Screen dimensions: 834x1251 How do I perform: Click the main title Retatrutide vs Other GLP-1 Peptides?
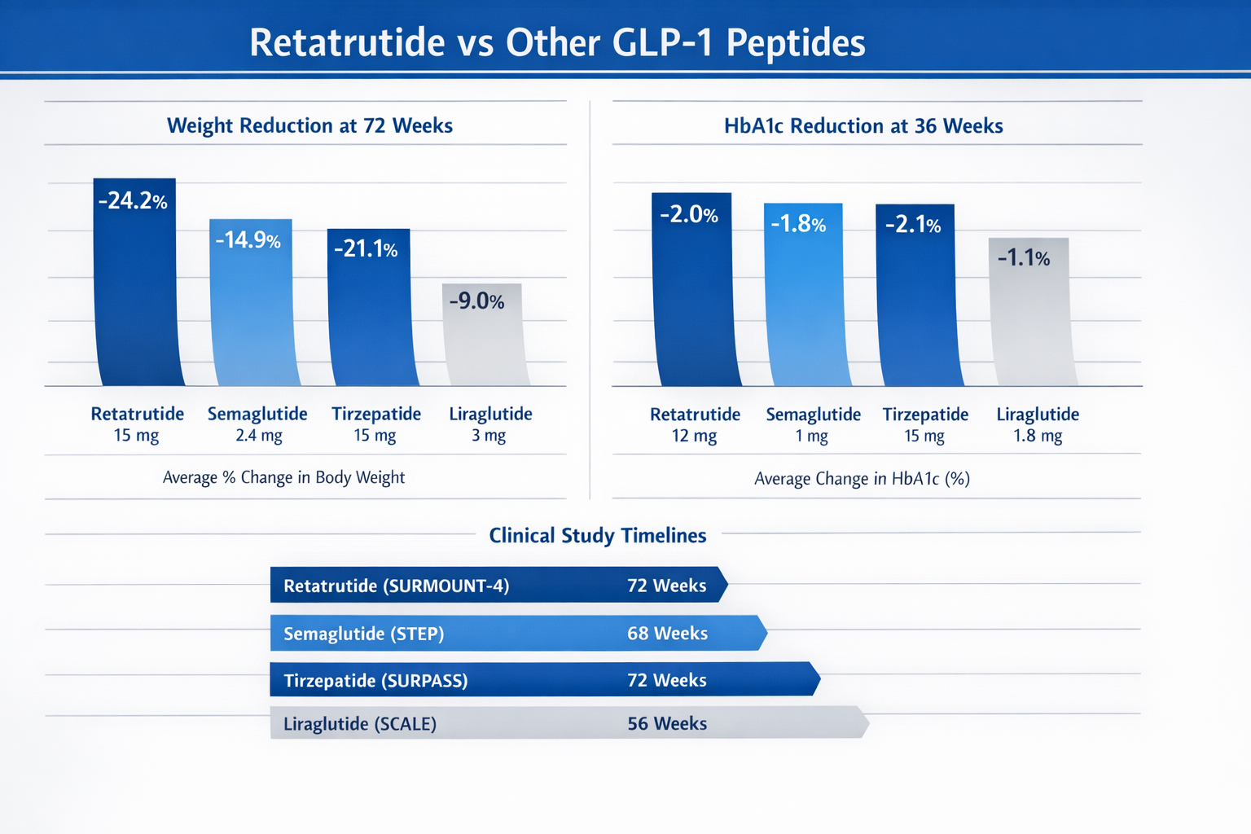tap(557, 42)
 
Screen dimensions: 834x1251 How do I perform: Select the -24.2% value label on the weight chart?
tap(133, 200)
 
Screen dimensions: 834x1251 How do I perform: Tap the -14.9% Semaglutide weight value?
tap(248, 239)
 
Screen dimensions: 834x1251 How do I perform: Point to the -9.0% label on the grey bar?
tap(477, 301)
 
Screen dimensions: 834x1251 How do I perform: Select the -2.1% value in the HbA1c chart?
tap(914, 225)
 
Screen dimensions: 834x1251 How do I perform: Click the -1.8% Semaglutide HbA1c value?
tap(799, 224)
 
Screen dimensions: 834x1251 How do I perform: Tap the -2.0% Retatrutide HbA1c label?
tap(689, 215)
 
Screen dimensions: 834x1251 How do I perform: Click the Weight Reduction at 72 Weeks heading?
tap(309, 125)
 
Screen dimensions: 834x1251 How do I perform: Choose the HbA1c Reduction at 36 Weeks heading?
tap(863, 126)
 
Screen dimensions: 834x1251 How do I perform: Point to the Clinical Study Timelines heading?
tap(597, 535)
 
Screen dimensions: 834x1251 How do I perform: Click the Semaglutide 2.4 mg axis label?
tap(257, 424)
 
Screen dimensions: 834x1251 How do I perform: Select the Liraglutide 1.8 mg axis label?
tap(1038, 424)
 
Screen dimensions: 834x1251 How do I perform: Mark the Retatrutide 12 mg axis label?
tap(695, 424)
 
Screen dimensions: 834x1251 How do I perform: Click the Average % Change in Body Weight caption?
tap(283, 477)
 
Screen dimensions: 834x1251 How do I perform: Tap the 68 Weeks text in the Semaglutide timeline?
tap(667, 633)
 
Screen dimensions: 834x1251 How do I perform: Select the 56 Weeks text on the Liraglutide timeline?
tap(667, 723)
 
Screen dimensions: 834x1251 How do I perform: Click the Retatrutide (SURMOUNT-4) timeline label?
tap(397, 586)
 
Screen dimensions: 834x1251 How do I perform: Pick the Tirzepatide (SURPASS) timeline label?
tap(375, 680)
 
